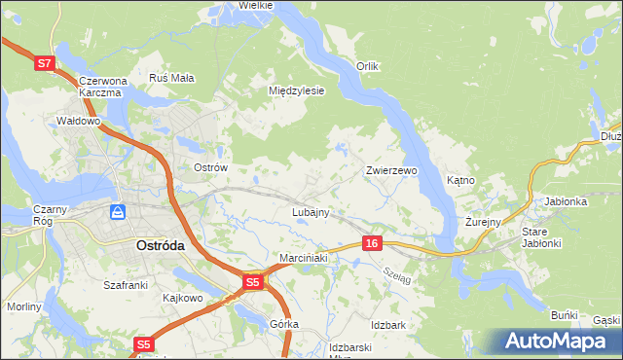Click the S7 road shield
pyautogui.click(x=43, y=63)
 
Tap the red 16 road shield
pyautogui.click(x=370, y=242)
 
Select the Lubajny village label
pyautogui.click(x=311, y=211)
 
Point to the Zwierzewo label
pyautogui.click(x=391, y=170)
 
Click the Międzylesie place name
pyautogui.click(x=296, y=90)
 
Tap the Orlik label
pyautogui.click(x=366, y=66)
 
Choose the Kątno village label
pyautogui.click(x=460, y=180)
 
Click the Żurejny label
pyautogui.click(x=483, y=222)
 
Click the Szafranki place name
pyautogui.click(x=125, y=285)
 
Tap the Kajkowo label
pyautogui.click(x=182, y=297)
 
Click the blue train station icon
pyautogui.click(x=118, y=211)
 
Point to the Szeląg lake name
pyautogui.click(x=396, y=276)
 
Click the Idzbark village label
pyautogui.click(x=387, y=324)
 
